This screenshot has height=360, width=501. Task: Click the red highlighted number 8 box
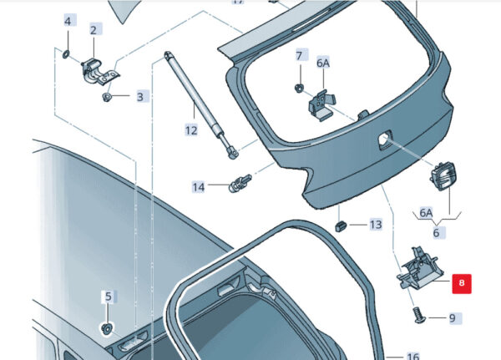click(x=462, y=283)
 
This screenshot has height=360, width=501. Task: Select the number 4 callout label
click(x=68, y=22)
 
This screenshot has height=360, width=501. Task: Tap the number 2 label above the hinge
click(x=94, y=30)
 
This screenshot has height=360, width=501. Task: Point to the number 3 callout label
click(x=140, y=97)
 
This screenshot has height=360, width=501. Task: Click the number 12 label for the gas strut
click(x=191, y=130)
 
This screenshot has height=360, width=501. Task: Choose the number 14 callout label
click(x=199, y=187)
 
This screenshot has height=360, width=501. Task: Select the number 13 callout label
click(x=376, y=225)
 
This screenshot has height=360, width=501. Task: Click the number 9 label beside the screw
click(x=453, y=318)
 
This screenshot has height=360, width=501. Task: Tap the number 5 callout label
click(x=109, y=297)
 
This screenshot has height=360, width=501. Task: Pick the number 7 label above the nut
click(x=299, y=56)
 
